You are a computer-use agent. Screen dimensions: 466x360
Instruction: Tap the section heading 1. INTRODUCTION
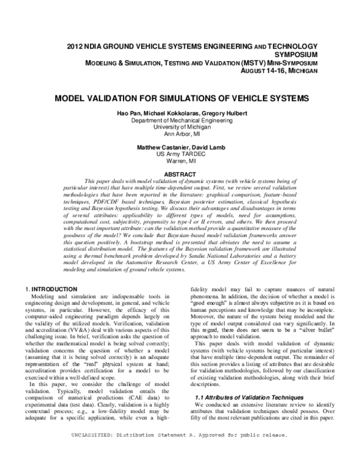[55, 289]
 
